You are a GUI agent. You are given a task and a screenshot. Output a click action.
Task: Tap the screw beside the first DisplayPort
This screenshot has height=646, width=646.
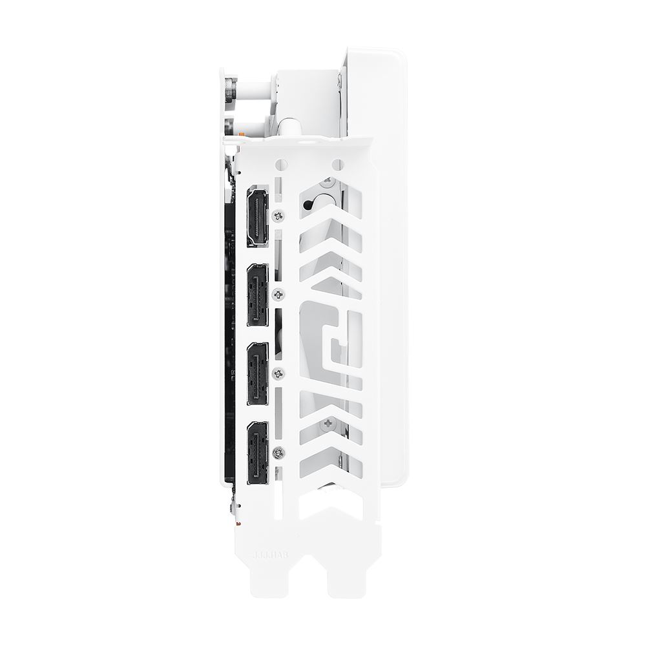pyautogui.click(x=278, y=295)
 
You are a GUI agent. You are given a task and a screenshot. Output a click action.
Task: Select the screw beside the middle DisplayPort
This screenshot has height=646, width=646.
pyautogui.click(x=278, y=373)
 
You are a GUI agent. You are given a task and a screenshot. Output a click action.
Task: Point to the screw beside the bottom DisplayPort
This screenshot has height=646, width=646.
pyautogui.click(x=278, y=452)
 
